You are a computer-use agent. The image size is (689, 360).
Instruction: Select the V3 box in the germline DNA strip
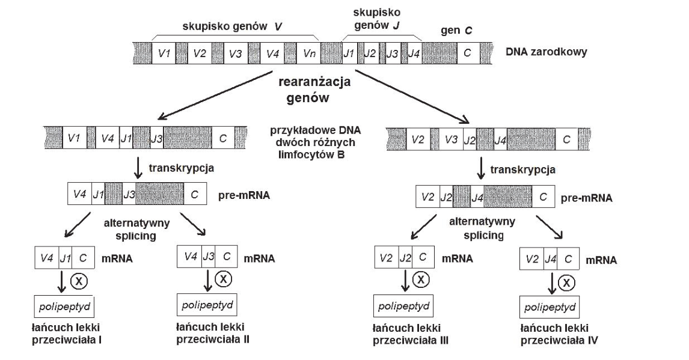[236, 53]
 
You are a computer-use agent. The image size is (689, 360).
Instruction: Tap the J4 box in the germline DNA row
[414, 53]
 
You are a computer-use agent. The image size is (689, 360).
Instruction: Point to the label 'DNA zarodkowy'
[546, 52]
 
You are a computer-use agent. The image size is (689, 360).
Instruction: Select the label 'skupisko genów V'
[232, 26]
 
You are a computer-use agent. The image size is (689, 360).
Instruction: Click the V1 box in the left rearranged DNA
[75, 138]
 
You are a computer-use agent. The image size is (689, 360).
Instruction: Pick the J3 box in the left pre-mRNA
[129, 194]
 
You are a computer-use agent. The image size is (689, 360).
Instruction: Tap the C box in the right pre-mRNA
[543, 197]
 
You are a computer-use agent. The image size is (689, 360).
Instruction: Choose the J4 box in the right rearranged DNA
[500, 139]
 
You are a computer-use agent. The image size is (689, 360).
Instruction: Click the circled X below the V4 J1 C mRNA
[79, 281]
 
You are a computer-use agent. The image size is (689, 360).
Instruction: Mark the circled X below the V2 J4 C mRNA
[566, 282]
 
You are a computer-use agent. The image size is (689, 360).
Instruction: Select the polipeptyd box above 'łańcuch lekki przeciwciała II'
[207, 305]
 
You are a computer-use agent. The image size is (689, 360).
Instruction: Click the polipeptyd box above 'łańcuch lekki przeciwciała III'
[403, 306]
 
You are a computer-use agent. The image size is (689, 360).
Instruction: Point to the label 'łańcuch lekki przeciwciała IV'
[559, 334]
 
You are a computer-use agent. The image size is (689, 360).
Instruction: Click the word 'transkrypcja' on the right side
[522, 169]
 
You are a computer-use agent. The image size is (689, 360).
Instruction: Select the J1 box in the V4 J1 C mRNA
[65, 258]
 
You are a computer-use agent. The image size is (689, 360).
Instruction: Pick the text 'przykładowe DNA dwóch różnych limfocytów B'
[315, 142]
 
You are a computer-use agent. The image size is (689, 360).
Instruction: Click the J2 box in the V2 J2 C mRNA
[405, 257]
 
